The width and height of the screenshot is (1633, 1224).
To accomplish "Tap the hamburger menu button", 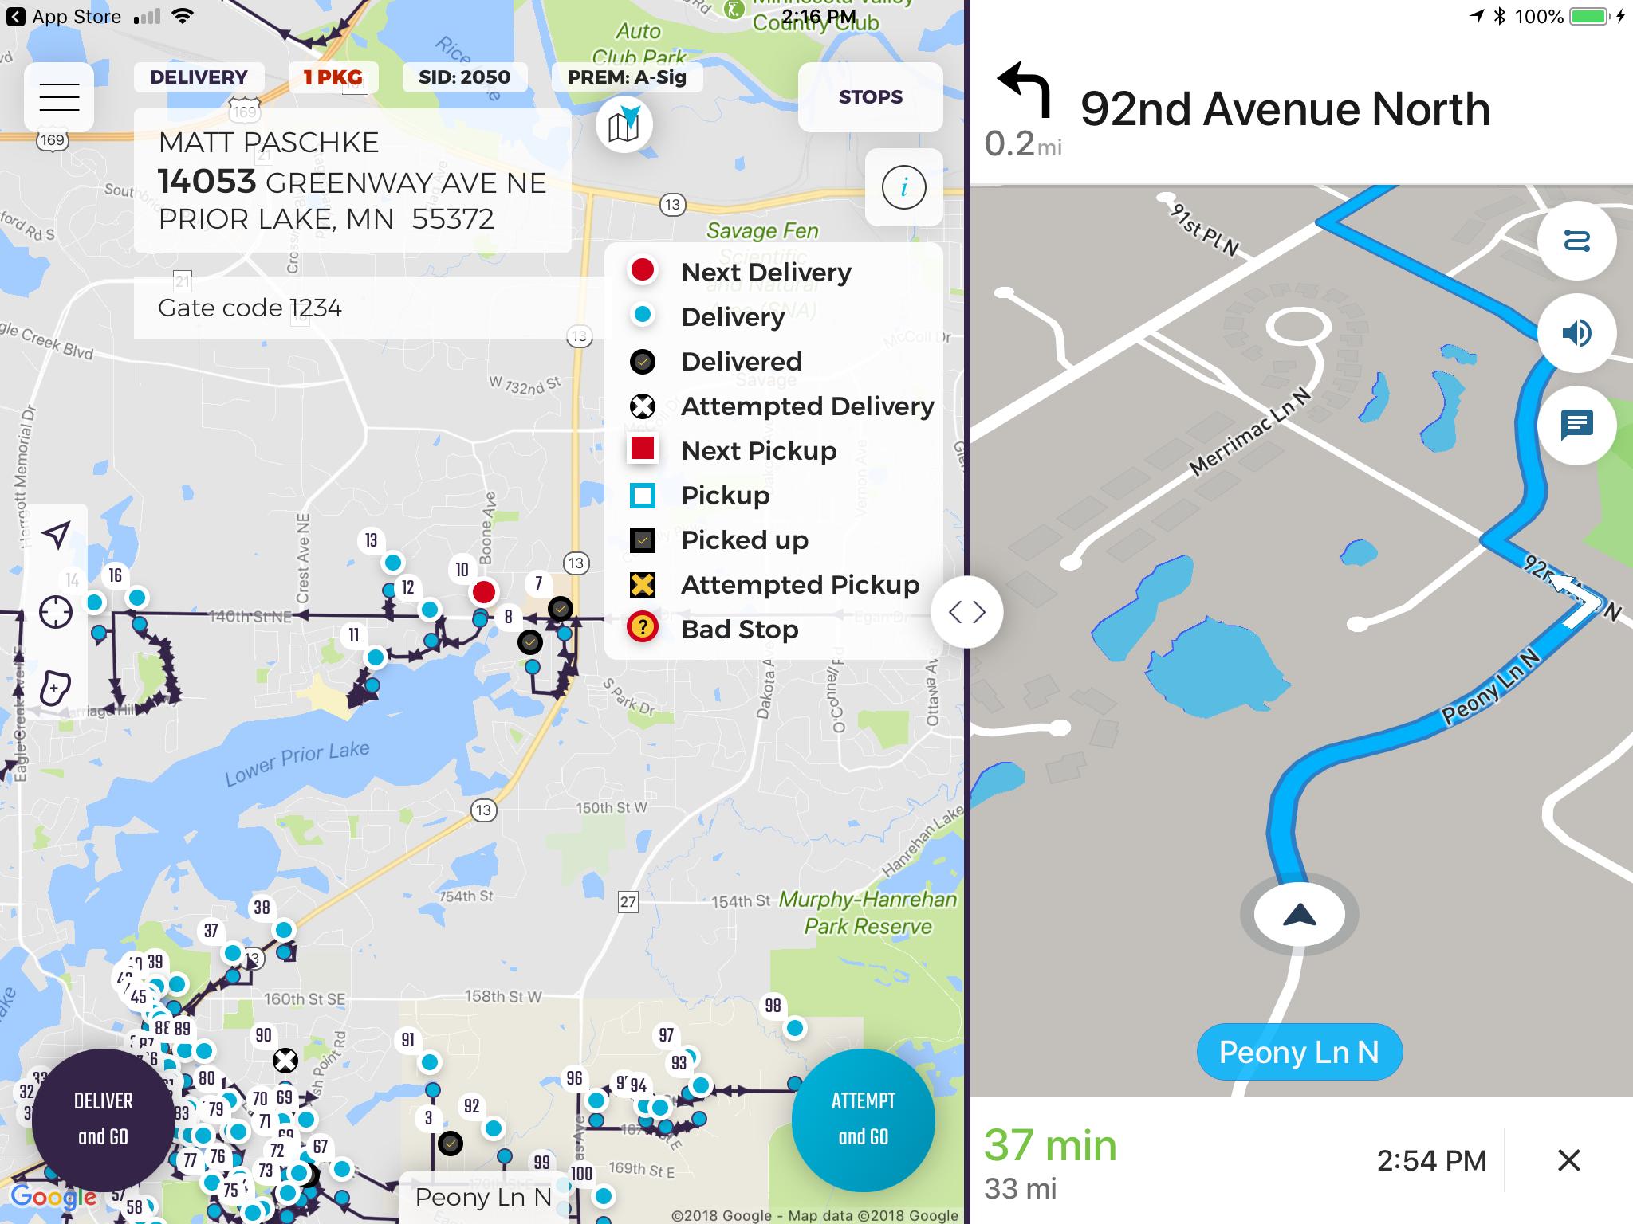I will coord(59,97).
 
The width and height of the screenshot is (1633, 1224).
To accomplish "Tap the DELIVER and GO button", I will coord(103,1119).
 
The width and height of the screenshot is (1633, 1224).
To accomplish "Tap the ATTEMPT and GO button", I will coord(863,1119).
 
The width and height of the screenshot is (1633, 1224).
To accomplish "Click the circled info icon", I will coord(903,188).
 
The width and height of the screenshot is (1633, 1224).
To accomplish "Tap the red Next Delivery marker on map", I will coord(483,592).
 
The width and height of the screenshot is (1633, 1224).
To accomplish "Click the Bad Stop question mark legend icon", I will coord(642,628).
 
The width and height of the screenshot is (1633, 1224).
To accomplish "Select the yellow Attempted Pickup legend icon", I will coord(642,584).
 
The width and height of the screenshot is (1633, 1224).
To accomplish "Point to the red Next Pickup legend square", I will coord(642,449).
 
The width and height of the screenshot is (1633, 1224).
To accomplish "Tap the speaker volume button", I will coord(1576,333).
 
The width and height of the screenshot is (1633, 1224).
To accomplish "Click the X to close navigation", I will coord(1568,1160).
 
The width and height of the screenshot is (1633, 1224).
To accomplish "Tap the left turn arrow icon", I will coord(1024,89).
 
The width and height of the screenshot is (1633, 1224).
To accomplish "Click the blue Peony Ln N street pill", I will coord(1299,1052).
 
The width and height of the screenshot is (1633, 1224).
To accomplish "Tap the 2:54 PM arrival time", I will coord(1431,1160).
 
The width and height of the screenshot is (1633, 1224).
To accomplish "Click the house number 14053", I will coord(207,182).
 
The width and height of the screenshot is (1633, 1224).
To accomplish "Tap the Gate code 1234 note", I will coord(250,308).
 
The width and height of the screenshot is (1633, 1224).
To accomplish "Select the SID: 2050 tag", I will coord(464,77).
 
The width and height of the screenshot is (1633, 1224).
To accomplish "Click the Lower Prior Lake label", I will coord(297,763).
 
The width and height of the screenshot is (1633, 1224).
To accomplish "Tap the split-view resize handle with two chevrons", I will coord(967,612).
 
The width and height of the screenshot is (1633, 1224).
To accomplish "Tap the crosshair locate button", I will coord(56,612).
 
